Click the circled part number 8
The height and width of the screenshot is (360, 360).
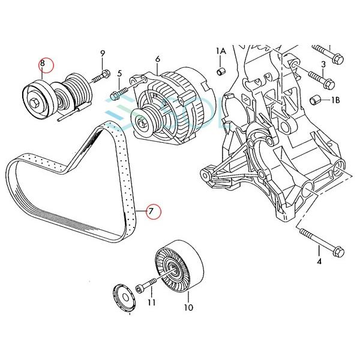tap(43, 63)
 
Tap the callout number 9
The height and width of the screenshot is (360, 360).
tap(103, 55)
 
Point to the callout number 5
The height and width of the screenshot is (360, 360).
tap(119, 74)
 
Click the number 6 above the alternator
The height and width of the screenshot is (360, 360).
tap(157, 59)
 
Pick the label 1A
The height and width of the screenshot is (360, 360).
tap(220, 53)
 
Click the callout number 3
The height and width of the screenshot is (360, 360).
tap(323, 64)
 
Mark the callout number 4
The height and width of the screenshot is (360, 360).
tap(319, 261)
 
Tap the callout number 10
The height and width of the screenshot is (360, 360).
tap(188, 308)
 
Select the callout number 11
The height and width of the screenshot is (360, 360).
tap(151, 303)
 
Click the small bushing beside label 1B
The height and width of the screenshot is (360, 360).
tap(313, 99)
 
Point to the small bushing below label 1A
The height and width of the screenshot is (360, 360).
tap(221, 73)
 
